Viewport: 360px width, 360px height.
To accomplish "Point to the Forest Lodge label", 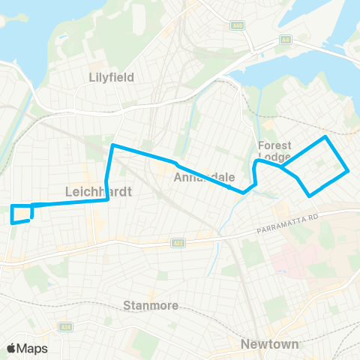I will pos(274,151).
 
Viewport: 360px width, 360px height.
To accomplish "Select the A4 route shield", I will pos(285,39).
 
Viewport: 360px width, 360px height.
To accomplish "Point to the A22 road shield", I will pos(178,241).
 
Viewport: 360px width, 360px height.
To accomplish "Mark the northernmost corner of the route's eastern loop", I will pos(325,137).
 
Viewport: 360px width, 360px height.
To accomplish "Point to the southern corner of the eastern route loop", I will pos(310,196).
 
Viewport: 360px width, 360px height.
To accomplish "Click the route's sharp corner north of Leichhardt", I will pos(112,145).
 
